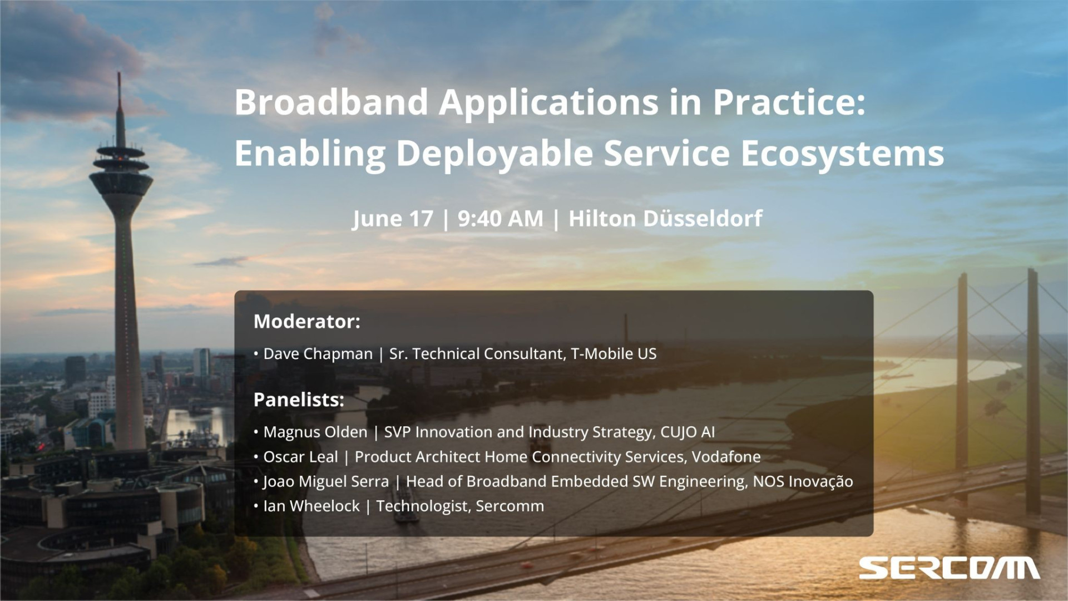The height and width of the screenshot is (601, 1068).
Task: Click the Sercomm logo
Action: pyautogui.click(x=949, y=568)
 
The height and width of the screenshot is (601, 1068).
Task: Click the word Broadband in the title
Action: pyautogui.click(x=332, y=102)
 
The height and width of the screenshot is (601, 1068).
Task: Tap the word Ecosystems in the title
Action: pyautogui.click(x=842, y=153)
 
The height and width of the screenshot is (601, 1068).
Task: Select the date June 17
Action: pyautogui.click(x=393, y=219)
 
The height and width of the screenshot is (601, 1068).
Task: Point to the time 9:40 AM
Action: pyautogui.click(x=500, y=219)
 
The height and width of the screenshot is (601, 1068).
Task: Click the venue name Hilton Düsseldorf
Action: pyautogui.click(x=665, y=218)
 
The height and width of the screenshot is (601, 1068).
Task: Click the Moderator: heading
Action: pyautogui.click(x=307, y=321)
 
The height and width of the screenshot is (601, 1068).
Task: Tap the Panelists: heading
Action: pyautogui.click(x=299, y=400)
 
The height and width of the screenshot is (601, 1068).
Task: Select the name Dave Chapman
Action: pyautogui.click(x=318, y=354)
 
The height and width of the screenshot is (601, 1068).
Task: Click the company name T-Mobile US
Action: pyautogui.click(x=614, y=353)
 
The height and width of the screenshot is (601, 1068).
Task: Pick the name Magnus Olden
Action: pyautogui.click(x=315, y=432)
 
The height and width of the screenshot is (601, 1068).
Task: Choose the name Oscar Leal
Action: pyautogui.click(x=300, y=457)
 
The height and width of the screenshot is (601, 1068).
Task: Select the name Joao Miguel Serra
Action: pyautogui.click(x=326, y=481)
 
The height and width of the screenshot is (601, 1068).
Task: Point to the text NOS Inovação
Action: pyautogui.click(x=803, y=481)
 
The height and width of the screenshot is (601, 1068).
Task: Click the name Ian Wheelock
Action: pyautogui.click(x=311, y=506)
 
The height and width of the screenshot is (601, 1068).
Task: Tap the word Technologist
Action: pyautogui.click(x=423, y=506)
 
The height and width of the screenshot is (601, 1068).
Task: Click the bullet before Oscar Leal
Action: pyautogui.click(x=256, y=457)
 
